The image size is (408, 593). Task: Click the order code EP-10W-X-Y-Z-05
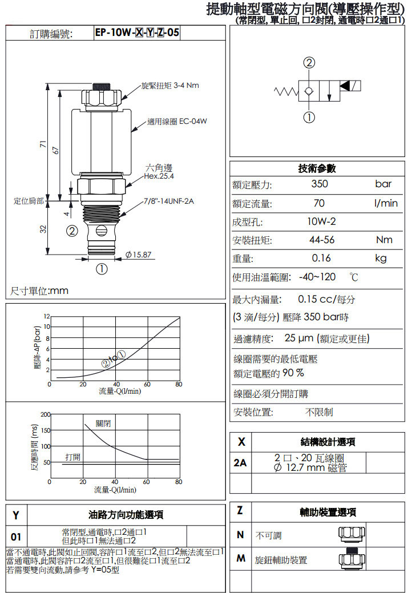click(137, 33)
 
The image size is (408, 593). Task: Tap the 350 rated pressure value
click(320, 184)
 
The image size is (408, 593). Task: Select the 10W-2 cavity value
click(321, 221)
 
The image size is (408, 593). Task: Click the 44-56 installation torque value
click(322, 240)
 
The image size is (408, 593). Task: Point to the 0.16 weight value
click(321, 258)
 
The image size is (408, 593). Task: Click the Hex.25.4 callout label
click(159, 176)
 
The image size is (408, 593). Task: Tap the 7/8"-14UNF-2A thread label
click(169, 201)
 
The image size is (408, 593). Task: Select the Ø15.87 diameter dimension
click(139, 255)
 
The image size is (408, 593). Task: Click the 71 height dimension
click(43, 144)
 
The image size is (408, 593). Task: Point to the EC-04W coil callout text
click(193, 122)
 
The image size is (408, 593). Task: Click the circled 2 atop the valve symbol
click(309, 62)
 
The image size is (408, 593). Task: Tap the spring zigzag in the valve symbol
click(286, 91)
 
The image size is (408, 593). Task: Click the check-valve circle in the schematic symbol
click(309, 91)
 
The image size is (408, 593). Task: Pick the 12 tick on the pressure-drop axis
click(47, 316)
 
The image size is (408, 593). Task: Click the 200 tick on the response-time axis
click(46, 414)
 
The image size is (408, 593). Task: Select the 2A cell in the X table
click(240, 462)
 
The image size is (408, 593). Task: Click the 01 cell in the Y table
click(16, 536)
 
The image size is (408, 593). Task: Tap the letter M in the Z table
click(240, 558)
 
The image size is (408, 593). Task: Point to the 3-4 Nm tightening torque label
click(186, 85)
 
